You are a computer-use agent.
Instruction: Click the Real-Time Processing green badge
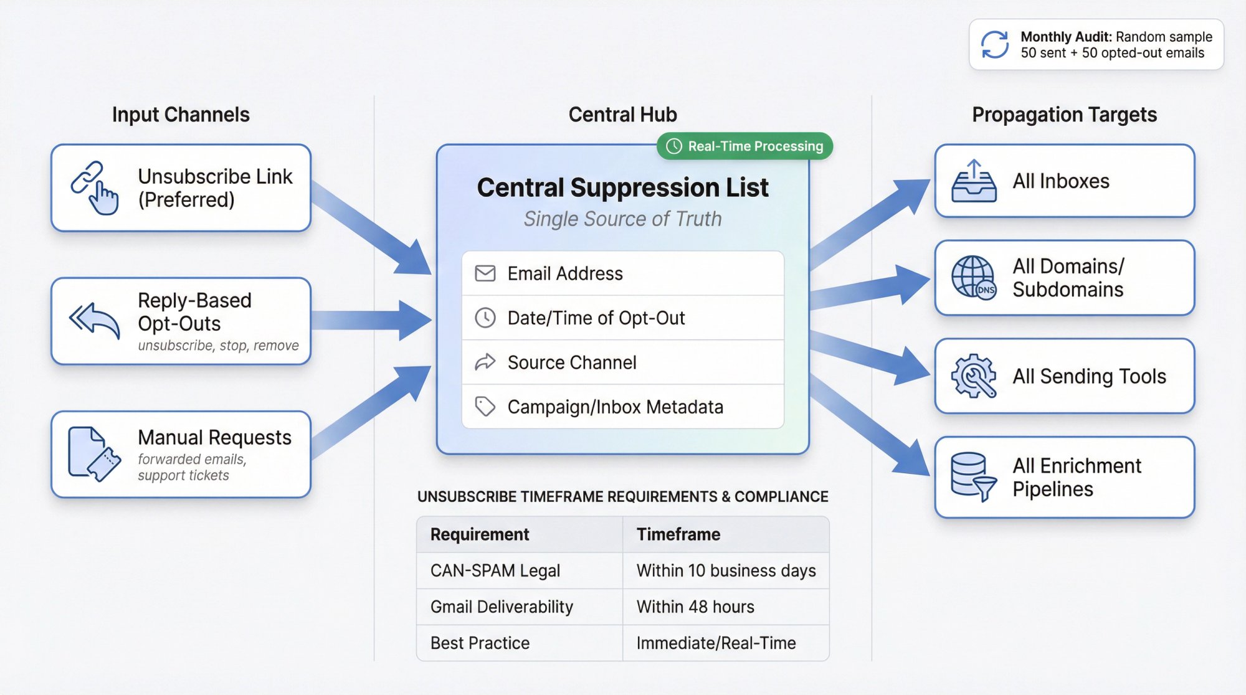pyautogui.click(x=744, y=146)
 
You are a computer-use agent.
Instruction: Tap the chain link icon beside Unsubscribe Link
pyautogui.click(x=93, y=187)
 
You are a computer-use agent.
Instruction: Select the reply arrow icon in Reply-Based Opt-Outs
pyautogui.click(x=95, y=320)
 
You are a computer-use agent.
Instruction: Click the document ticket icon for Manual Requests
pyautogui.click(x=93, y=453)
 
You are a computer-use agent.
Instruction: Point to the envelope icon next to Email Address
pyautogui.click(x=485, y=273)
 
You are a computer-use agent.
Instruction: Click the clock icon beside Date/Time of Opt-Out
pyautogui.click(x=485, y=318)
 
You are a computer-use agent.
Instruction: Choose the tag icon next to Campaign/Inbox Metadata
pyautogui.click(x=485, y=407)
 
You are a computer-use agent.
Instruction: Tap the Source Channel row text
pyautogui.click(x=571, y=362)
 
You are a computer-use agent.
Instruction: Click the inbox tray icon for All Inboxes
pyautogui.click(x=974, y=181)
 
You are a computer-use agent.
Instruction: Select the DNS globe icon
pyautogui.click(x=974, y=278)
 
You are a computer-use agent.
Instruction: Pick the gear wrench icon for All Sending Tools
pyautogui.click(x=974, y=376)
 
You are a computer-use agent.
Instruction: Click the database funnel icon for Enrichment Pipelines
pyautogui.click(x=974, y=476)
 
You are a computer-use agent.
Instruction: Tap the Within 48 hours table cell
pyautogui.click(x=695, y=607)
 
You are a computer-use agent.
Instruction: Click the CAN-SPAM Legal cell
pyautogui.click(x=495, y=570)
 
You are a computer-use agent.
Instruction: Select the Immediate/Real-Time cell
pyautogui.click(x=716, y=643)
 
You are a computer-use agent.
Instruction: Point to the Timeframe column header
pyautogui.click(x=678, y=534)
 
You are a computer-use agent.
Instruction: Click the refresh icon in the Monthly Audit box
pyautogui.click(x=994, y=45)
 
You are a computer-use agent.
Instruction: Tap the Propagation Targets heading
pyautogui.click(x=1064, y=115)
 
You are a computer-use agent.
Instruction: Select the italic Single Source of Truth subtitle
pyautogui.click(x=622, y=219)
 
